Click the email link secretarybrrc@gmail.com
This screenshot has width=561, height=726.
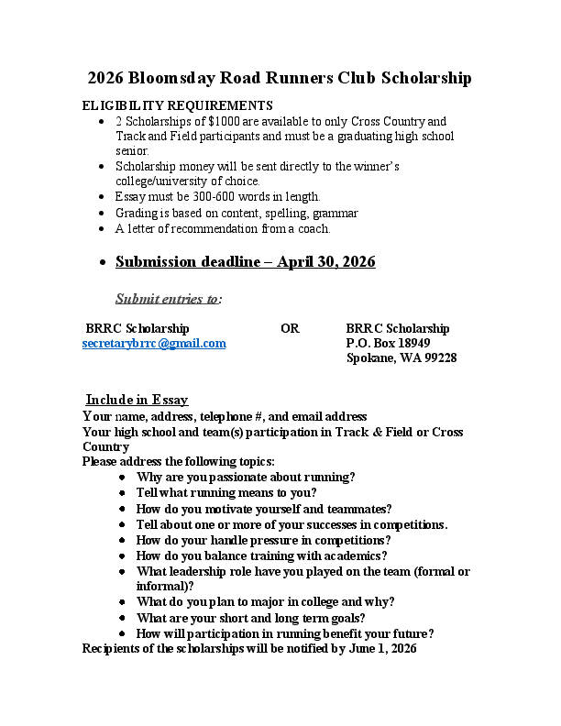click(154, 344)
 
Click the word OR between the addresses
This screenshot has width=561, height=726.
click(290, 328)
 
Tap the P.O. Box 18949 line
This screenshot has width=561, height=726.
click(388, 343)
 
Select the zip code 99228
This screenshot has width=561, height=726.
click(438, 358)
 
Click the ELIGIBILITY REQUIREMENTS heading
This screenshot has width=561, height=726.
click(178, 105)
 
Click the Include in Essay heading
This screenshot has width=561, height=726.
click(137, 400)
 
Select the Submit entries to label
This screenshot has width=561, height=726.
click(168, 298)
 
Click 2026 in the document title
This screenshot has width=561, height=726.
click(106, 78)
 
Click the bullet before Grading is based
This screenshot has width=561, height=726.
click(102, 214)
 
